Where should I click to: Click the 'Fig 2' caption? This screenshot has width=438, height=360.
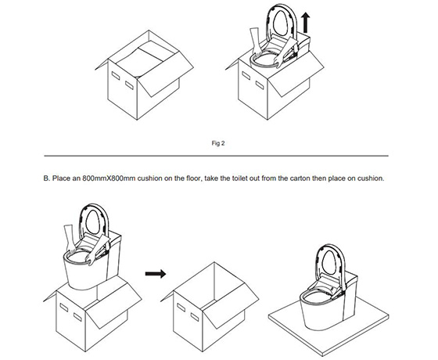[218, 143]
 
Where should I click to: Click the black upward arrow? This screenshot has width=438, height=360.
[306, 23]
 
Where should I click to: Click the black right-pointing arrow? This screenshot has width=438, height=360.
[156, 273]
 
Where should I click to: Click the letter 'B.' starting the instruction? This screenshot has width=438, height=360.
[47, 178]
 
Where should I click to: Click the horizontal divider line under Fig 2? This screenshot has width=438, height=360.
[216, 156]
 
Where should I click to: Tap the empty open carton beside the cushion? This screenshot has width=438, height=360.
[210, 307]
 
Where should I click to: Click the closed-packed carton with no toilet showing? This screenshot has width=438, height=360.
[144, 75]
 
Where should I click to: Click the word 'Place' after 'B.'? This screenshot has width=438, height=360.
[62, 178]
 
